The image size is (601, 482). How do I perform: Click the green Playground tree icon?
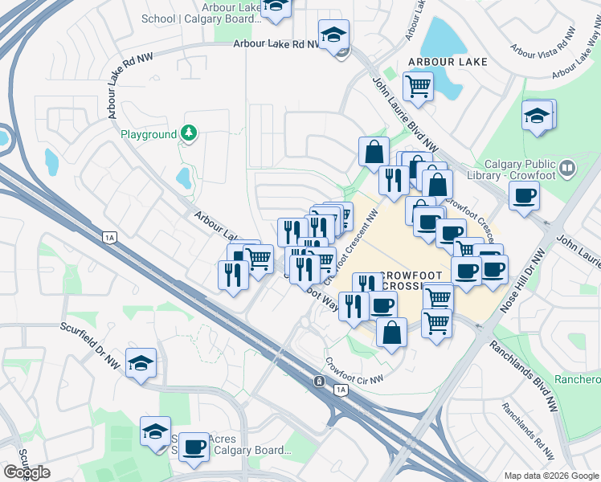click(x=189, y=133)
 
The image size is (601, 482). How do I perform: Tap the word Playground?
click(x=148, y=134)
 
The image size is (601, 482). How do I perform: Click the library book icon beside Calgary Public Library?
click(x=568, y=168)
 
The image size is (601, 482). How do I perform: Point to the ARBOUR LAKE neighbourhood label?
click(x=442, y=62)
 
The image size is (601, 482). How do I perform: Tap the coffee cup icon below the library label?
click(x=524, y=195)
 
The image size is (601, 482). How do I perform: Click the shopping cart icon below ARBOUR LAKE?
click(x=418, y=85)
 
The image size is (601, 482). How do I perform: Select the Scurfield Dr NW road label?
click(x=90, y=345)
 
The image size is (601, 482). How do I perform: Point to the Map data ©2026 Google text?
click(x=550, y=476)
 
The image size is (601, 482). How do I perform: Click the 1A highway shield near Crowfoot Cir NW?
click(x=341, y=390)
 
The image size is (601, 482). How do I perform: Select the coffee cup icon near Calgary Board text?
click(x=194, y=447)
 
